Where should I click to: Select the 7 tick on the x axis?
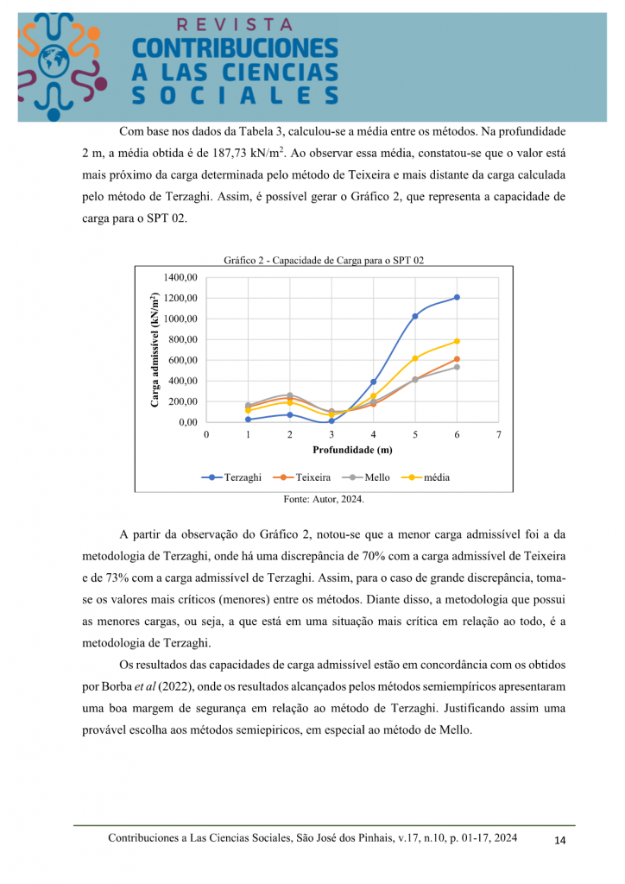tap(498, 434)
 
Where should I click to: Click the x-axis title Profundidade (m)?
tap(352, 450)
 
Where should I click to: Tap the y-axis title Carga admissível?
tap(155, 349)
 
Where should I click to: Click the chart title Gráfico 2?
tap(324, 260)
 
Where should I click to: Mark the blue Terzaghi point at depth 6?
tap(457, 297)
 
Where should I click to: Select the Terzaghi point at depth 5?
tap(415, 316)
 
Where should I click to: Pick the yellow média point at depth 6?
tap(457, 341)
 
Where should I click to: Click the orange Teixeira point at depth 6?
tap(457, 359)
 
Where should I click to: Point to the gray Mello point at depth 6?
tap(457, 367)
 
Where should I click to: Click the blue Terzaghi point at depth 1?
tap(248, 420)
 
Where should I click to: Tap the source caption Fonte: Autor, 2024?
tap(324, 499)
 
